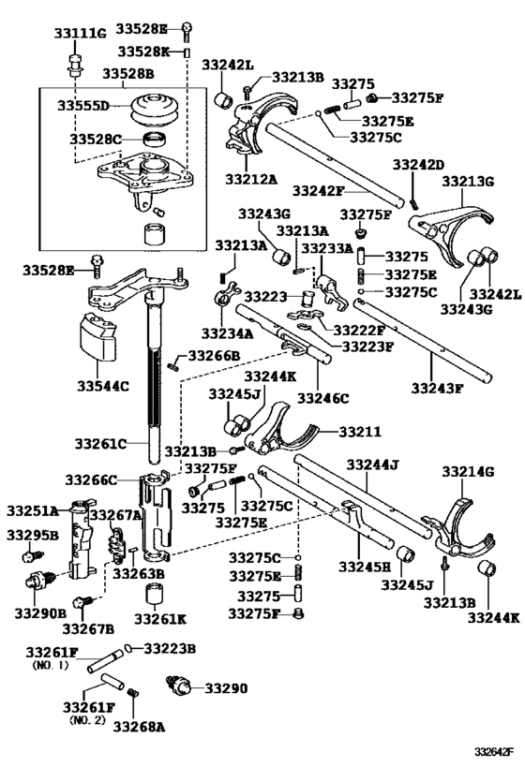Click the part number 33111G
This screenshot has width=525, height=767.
(80, 34)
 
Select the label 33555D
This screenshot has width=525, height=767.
(83, 105)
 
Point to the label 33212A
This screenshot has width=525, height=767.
(251, 180)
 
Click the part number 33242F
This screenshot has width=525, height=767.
(319, 190)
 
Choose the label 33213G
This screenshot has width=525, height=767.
(468, 182)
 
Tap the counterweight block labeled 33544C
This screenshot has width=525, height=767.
(97, 336)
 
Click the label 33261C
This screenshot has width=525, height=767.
(100, 444)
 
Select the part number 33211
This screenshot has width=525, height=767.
(360, 432)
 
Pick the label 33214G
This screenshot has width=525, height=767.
(468, 472)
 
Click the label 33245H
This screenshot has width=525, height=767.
(365, 567)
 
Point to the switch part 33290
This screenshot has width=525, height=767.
(180, 686)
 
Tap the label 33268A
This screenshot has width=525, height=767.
(139, 728)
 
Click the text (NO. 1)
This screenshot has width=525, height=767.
(51, 665)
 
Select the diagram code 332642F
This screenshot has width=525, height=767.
(493, 751)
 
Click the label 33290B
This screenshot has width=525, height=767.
(40, 612)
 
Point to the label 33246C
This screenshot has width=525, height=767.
(323, 399)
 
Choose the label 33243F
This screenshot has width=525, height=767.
(437, 389)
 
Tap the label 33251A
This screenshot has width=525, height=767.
(32, 511)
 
